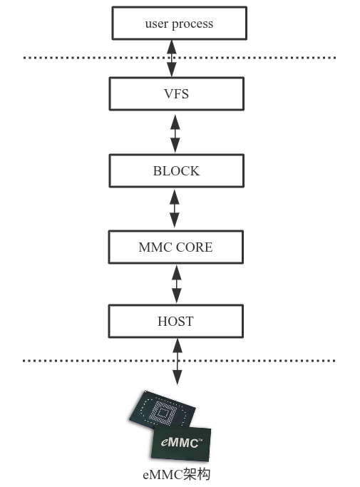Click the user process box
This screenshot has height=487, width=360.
pyautogui.click(x=179, y=24)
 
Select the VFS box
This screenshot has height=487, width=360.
pyautogui.click(x=176, y=93)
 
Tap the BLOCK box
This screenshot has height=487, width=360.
pyautogui.click(x=176, y=171)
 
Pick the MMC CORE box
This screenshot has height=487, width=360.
pyautogui.click(x=175, y=247)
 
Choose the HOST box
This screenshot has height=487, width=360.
pyautogui.click(x=175, y=322)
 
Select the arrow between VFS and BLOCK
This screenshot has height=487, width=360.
pyautogui.click(x=175, y=132)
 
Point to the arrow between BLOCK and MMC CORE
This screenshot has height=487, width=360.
pyautogui.click(x=175, y=209)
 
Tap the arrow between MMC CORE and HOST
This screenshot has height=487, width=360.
pyautogui.click(x=175, y=284)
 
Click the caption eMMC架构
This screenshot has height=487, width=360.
pyautogui.click(x=176, y=474)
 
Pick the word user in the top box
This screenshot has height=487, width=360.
pyautogui.click(x=156, y=24)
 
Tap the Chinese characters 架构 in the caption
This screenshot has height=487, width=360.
pyautogui.click(x=197, y=474)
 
